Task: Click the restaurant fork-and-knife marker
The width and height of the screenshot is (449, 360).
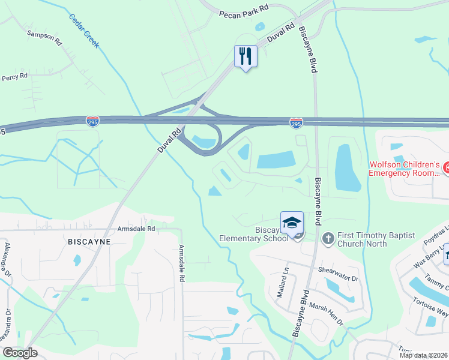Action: (x=246, y=56)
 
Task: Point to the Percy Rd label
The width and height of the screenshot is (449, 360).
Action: (x=14, y=77)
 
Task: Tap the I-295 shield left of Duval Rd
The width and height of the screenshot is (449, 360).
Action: (x=92, y=121)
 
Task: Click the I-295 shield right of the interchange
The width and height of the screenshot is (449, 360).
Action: (x=296, y=123)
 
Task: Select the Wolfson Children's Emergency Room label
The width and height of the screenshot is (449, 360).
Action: (x=405, y=169)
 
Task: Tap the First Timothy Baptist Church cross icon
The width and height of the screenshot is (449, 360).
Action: (x=328, y=238)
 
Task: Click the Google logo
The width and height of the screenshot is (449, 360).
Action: (x=20, y=353)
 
